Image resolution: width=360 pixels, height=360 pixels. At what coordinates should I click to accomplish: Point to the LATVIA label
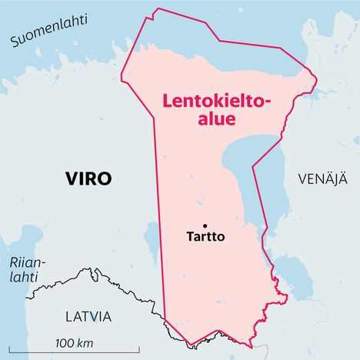click(x=78, y=317)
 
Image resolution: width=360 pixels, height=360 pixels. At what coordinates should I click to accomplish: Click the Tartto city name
click(x=205, y=237)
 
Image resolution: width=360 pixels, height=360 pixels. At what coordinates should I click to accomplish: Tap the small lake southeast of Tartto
click(x=292, y=275)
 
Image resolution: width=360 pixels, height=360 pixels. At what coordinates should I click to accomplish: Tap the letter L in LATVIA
click(x=48, y=317)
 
